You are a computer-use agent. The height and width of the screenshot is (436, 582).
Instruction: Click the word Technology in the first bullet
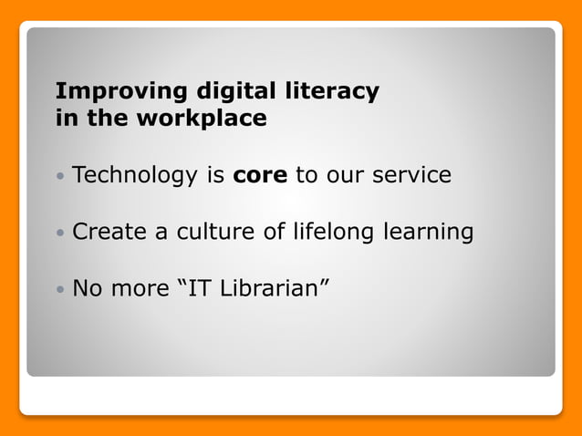[x=133, y=175]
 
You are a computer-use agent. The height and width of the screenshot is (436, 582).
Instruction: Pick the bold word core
[x=261, y=175]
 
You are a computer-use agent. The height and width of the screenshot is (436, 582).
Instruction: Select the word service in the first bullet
[x=411, y=175]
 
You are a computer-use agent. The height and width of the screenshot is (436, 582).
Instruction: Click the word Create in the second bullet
[x=109, y=233]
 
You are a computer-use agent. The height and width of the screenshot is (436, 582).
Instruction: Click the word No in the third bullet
[x=88, y=290]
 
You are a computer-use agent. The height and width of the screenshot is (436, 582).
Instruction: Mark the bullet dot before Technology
[x=60, y=176]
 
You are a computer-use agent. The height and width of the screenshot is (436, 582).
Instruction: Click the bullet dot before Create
[x=60, y=234]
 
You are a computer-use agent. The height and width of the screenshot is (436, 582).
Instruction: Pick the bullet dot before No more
[x=60, y=291]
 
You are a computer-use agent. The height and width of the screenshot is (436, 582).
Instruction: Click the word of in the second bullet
[x=275, y=233]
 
